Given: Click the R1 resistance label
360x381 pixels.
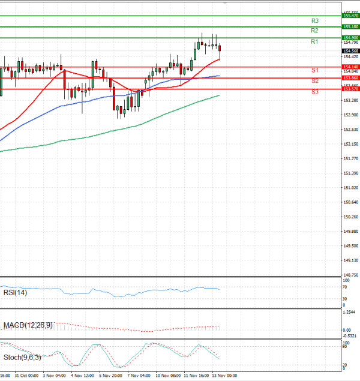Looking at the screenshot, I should pyautogui.click(x=314, y=41).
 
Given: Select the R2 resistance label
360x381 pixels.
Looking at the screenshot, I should pyautogui.click(x=314, y=31).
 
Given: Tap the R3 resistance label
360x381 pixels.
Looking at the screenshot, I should pyautogui.click(x=314, y=20).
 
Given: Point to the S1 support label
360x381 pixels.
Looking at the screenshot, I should pyautogui.click(x=314, y=70).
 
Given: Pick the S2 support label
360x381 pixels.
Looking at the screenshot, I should pyautogui.click(x=314, y=80).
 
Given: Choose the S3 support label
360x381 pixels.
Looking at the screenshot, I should pyautogui.click(x=314, y=92).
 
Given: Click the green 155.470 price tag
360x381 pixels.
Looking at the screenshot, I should pyautogui.click(x=350, y=16).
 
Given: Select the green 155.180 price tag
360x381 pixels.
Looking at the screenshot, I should pyautogui.click(x=350, y=27).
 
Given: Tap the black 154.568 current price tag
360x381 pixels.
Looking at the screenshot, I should pyautogui.click(x=350, y=50).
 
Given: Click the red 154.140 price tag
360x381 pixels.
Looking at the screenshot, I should pyautogui.click(x=350, y=67).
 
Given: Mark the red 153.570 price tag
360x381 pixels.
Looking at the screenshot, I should pyautogui.click(x=350, y=89).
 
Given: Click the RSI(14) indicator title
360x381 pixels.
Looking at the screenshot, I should pyautogui.click(x=16, y=293).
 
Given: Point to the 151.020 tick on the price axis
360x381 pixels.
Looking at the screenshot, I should pyautogui.click(x=350, y=188).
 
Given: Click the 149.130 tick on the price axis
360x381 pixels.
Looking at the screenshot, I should pyautogui.click(x=350, y=260).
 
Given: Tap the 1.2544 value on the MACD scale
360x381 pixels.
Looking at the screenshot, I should pyautogui.click(x=349, y=313).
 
